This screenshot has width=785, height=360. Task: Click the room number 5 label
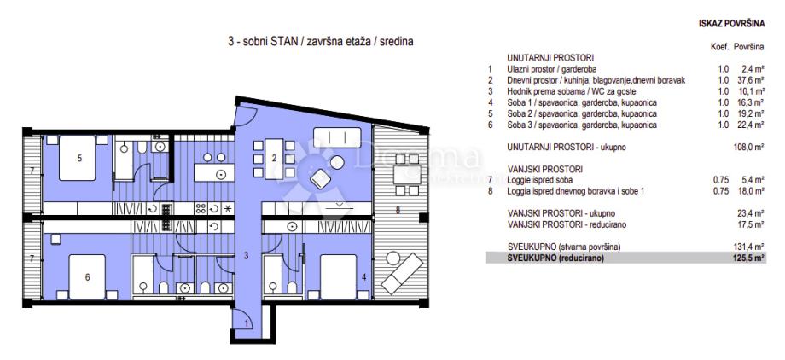[79, 158]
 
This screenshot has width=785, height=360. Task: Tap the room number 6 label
[87, 277]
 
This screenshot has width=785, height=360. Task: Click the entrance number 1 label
[246, 323]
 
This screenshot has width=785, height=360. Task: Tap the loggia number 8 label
[398, 211]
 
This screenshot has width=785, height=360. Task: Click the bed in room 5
[77, 158]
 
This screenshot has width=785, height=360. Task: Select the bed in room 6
[87, 277]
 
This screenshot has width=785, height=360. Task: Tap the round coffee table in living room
[337, 162]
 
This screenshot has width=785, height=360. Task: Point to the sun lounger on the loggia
[403, 273]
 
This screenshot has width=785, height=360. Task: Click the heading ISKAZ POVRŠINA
[732, 24]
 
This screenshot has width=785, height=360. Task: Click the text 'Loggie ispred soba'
[538, 180]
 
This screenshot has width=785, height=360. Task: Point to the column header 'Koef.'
[719, 47]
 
